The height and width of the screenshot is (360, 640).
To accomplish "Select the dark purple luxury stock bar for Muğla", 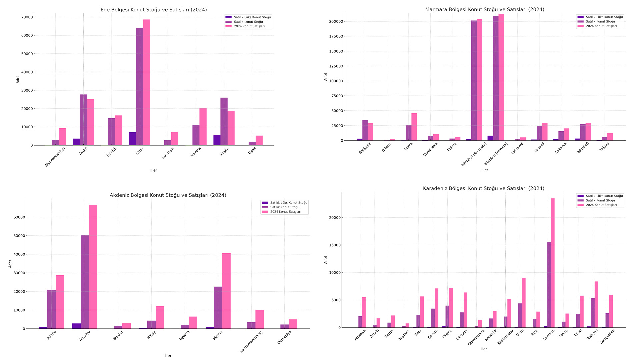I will tap(217, 140).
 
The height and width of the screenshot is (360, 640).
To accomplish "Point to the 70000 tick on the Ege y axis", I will tap(27, 17).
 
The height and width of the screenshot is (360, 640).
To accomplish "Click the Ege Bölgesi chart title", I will tap(154, 10).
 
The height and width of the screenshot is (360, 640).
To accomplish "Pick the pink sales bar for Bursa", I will tap(414, 127).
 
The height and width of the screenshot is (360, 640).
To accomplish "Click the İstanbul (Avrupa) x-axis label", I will tap(496, 154).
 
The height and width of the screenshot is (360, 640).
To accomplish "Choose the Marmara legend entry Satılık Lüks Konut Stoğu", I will tap(604, 17).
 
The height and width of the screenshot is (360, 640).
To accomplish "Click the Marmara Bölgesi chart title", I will tap(485, 9).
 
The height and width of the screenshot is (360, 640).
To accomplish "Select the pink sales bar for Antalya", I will tap(93, 267).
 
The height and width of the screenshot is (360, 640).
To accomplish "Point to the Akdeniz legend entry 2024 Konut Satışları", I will tap(285, 212).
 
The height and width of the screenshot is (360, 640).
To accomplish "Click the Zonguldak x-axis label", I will tap(607, 336).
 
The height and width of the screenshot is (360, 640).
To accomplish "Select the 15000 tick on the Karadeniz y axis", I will tap(335, 245).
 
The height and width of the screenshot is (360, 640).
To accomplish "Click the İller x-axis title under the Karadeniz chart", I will tap(483, 349).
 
